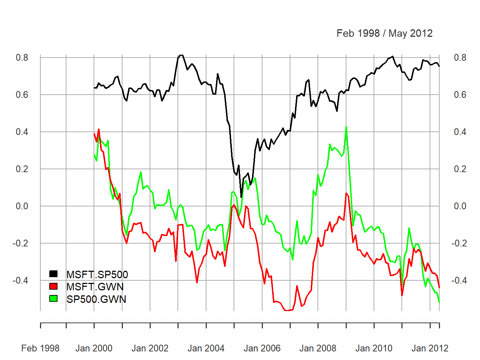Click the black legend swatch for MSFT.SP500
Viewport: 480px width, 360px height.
(53, 274)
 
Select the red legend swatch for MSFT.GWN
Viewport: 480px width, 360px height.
(53, 286)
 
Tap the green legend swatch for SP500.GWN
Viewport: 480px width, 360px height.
(53, 298)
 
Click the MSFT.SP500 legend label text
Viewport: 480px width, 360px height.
(97, 274)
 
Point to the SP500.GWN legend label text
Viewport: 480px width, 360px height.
(96, 299)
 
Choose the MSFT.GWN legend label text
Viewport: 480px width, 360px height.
(95, 287)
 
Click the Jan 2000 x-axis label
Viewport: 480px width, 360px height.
(94, 348)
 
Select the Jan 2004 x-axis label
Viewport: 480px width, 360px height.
(206, 348)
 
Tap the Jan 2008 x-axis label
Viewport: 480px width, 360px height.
(318, 348)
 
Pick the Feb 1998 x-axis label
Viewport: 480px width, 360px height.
(40, 348)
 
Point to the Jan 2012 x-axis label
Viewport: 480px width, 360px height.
(430, 348)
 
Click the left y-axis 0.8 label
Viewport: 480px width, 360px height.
(22, 57)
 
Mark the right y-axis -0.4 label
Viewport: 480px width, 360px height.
(459, 280)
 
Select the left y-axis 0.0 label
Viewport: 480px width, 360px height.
(22, 206)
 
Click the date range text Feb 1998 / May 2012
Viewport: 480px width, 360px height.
(385, 33)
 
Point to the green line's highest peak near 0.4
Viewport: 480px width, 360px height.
(346, 127)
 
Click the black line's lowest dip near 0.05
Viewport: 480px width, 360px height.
(241, 197)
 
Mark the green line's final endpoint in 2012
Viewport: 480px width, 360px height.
(439, 302)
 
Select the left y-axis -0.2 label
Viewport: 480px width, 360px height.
(20, 243)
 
